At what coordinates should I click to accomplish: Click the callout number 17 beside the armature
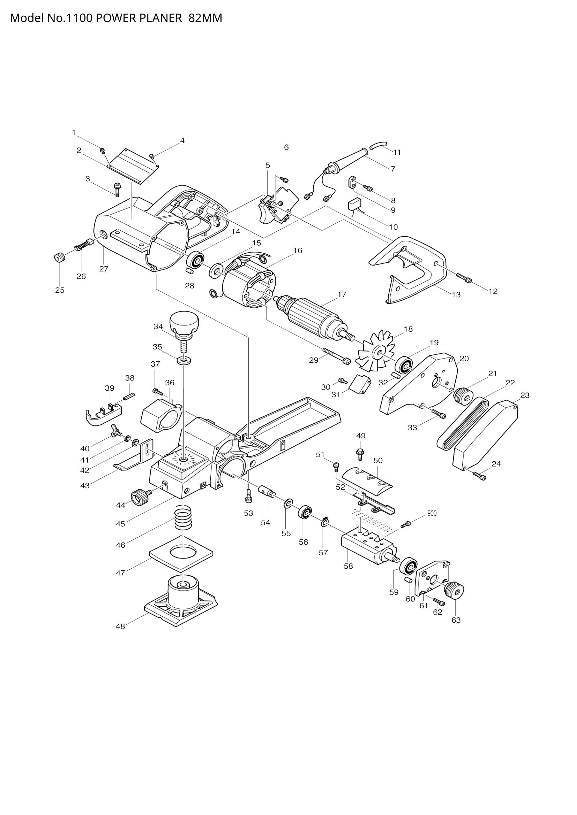click(342, 294)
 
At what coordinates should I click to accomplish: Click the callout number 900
click(432, 513)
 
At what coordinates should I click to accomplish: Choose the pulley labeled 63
click(455, 591)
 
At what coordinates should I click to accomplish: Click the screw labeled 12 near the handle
click(464, 278)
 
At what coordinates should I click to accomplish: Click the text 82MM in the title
click(205, 18)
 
